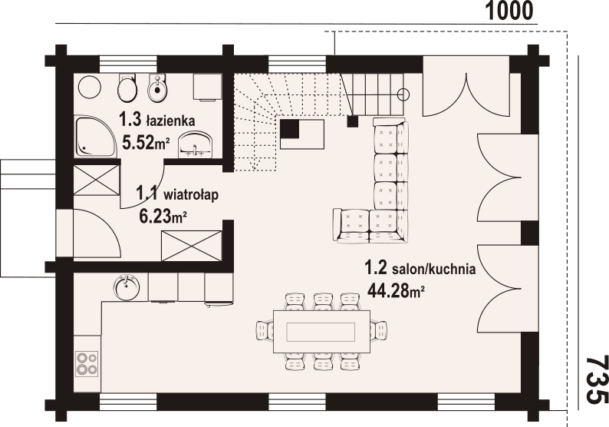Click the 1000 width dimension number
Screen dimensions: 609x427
[x=509, y=11]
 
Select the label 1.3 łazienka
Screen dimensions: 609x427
[x=157, y=120]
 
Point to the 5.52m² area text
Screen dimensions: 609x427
[x=146, y=143]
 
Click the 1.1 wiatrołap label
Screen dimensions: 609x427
[x=177, y=194]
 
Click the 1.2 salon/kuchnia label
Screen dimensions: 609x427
[x=420, y=268]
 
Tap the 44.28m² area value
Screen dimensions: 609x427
[x=395, y=290]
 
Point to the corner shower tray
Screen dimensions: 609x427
[x=95, y=136]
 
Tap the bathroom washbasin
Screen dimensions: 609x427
[x=196, y=144]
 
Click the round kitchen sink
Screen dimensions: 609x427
[x=127, y=287]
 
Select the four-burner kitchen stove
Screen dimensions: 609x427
[x=87, y=363]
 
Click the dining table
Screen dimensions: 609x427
[x=321, y=331]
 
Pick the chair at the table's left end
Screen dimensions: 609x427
[x=265, y=331]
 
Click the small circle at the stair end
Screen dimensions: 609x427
[x=403, y=94]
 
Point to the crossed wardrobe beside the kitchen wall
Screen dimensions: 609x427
[x=192, y=247]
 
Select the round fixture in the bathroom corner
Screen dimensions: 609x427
[x=90, y=87]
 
